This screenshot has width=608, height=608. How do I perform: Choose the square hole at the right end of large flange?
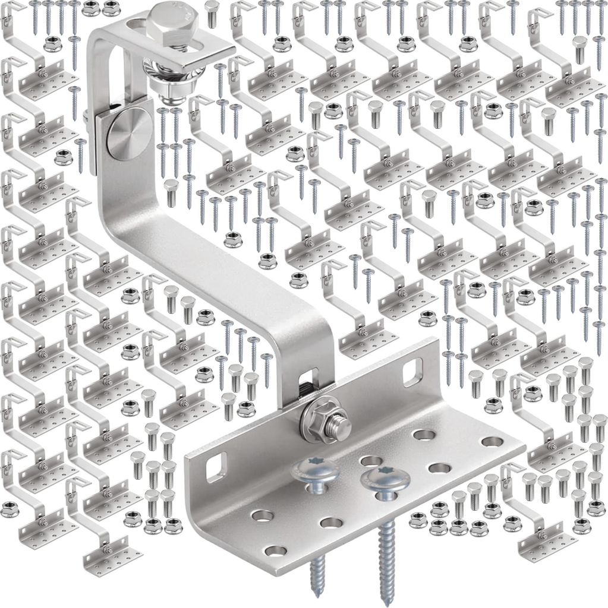412,372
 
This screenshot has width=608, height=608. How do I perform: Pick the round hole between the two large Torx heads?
370,461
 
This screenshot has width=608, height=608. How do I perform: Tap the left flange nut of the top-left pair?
90,8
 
